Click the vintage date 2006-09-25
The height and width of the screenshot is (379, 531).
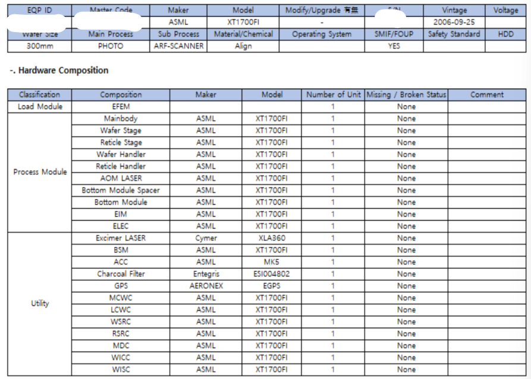tap(454, 22)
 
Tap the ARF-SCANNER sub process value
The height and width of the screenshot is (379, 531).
tap(178, 46)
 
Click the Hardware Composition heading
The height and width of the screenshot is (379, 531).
tap(58, 70)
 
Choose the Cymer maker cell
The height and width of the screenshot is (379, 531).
tap(206, 238)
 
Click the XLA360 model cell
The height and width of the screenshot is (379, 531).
tap(271, 238)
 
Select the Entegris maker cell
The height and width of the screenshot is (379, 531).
tap(206, 274)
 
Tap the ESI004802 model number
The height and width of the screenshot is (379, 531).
tap(271, 274)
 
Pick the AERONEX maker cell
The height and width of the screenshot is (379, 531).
tap(206, 286)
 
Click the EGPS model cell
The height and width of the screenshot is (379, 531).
tap(271, 286)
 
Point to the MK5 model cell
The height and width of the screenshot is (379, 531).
tap(271, 262)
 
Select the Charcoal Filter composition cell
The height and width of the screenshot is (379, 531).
tap(121, 274)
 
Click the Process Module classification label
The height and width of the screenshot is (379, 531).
tap(40, 172)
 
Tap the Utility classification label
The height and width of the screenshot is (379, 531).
tap(40, 303)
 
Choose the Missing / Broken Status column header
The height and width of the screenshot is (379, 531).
tap(406, 95)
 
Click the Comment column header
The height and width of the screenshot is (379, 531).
tap(486, 95)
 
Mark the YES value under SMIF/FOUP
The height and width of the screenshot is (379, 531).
tap(394, 46)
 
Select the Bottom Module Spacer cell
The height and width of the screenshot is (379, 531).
tap(121, 190)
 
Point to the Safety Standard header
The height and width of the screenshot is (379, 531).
tap(454, 34)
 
